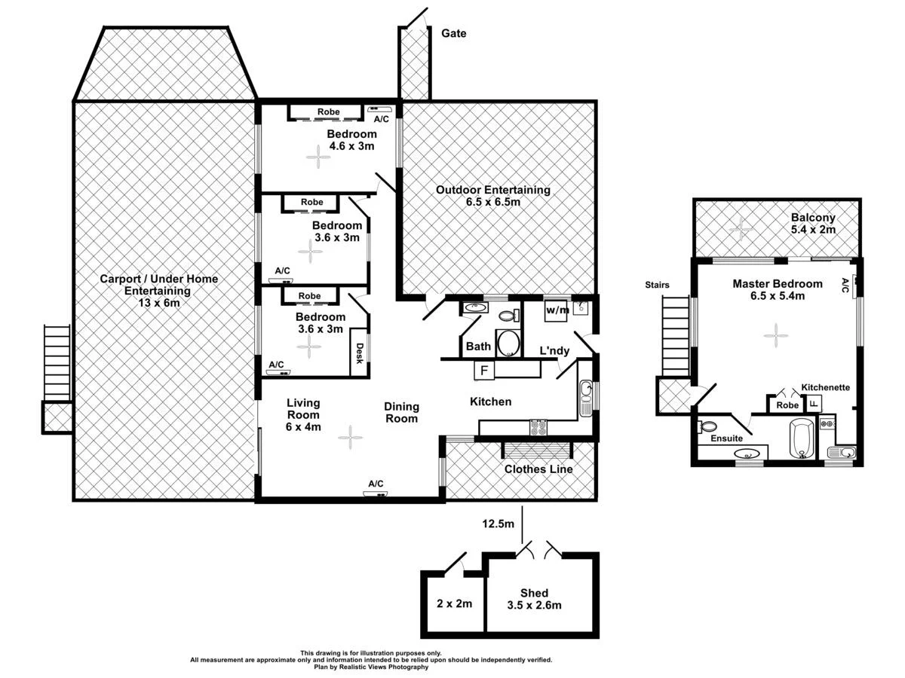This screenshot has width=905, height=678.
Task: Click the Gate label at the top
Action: coord(453,33)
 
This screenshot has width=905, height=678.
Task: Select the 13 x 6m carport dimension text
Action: coord(159,303)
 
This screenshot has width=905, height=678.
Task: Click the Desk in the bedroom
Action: coord(360,353)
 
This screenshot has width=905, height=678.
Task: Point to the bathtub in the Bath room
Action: coord(509,344)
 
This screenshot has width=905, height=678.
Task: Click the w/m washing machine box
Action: coord(557,310)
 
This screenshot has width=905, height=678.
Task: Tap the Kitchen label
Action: coord(490,402)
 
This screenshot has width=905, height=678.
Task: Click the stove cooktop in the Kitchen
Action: coord(538,427)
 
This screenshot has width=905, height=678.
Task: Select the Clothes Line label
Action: coord(538,469)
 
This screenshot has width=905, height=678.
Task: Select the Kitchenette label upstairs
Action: coord(826,387)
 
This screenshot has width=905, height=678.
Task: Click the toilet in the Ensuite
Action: coord(709,426)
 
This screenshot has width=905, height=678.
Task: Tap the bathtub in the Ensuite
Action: coord(801,439)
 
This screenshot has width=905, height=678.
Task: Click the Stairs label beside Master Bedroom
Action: coord(657,285)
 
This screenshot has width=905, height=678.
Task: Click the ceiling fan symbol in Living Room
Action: coord(349,437)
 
